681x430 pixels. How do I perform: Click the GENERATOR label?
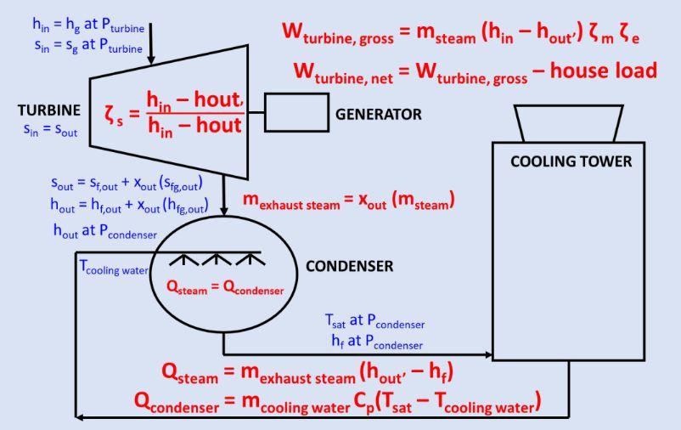[379, 114]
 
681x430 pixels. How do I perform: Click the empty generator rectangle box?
[296, 113]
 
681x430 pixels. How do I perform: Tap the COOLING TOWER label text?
[571, 161]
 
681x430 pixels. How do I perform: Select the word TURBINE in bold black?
[48, 110]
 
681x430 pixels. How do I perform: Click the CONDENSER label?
[349, 266]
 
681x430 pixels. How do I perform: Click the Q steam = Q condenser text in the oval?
[224, 289]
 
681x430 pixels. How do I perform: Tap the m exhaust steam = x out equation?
[349, 201]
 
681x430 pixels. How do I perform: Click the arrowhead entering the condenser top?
[223, 211]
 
